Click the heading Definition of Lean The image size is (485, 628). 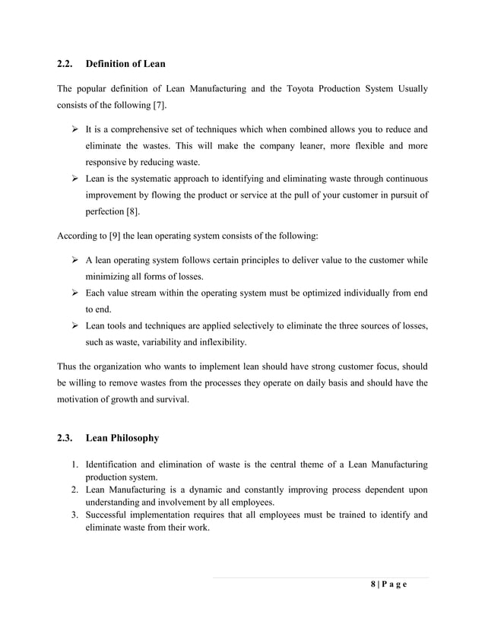point(125,63)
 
